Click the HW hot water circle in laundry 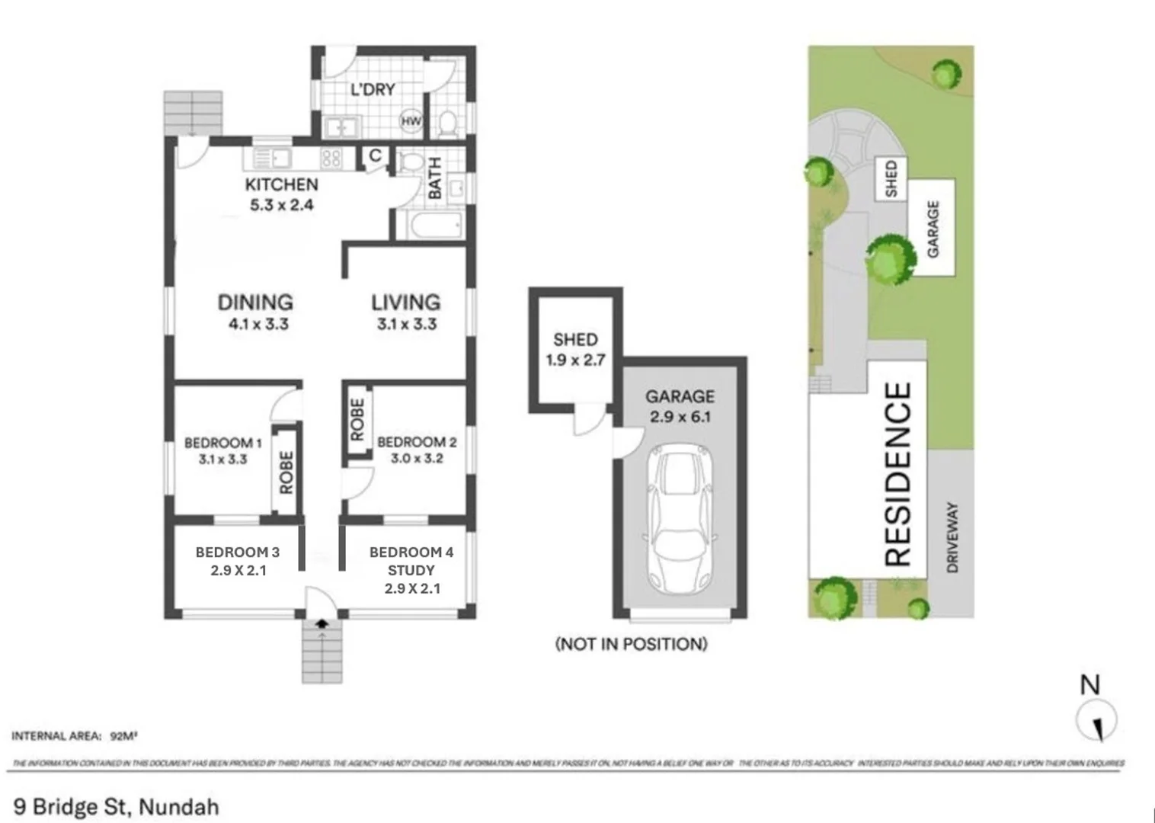click(411, 121)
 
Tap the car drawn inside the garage click(680, 521)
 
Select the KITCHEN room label click(281, 184)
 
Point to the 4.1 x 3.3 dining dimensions click(258, 324)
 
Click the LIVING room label click(405, 303)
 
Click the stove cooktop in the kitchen click(331, 159)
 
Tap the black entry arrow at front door click(322, 623)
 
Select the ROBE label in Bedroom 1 click(286, 472)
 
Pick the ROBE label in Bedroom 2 click(357, 420)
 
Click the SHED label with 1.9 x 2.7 click(575, 340)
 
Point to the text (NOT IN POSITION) click(631, 644)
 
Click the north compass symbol click(1096, 720)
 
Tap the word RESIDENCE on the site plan click(897, 474)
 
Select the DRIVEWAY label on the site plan click(952, 536)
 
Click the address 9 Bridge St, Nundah click(116, 806)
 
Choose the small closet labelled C click(375, 156)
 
